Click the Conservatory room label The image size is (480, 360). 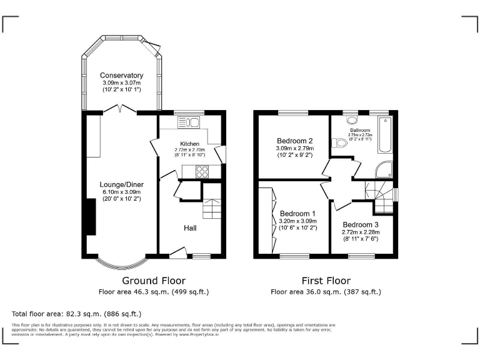pyautogui.click(x=122, y=76)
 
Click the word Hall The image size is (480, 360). pyautogui.click(x=190, y=228)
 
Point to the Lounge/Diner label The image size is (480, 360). pyautogui.click(x=121, y=184)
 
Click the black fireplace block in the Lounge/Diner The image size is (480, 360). pyautogui.click(x=90, y=218)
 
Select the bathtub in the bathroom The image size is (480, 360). pyautogui.click(x=384, y=136)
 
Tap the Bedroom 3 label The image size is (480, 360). pyautogui.click(x=360, y=224)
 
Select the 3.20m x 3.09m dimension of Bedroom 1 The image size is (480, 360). pyautogui.click(x=298, y=221)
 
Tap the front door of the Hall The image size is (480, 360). pyautogui.click(x=177, y=252)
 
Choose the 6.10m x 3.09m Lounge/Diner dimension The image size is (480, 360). pyautogui.click(x=121, y=192)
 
